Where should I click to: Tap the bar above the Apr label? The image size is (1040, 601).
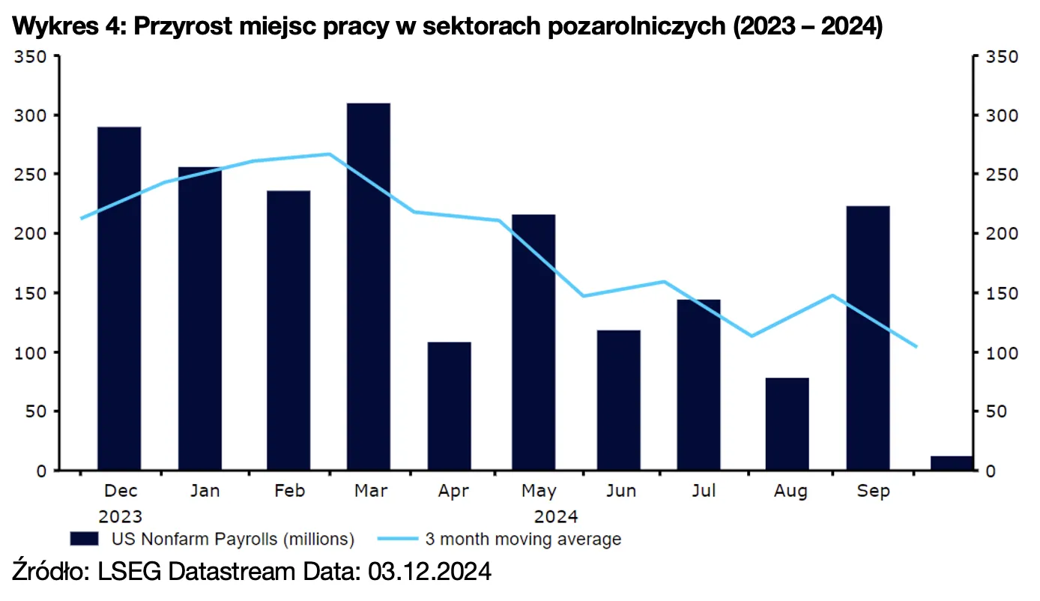[450, 406]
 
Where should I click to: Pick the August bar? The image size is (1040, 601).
[787, 424]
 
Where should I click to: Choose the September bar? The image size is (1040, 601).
[868, 338]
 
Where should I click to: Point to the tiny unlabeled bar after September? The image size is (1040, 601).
[951, 463]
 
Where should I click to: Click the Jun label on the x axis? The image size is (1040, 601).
[621, 492]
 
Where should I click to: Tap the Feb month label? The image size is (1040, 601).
[289, 492]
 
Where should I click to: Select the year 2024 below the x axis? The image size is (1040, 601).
[555, 516]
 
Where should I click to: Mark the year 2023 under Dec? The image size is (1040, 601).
[120, 516]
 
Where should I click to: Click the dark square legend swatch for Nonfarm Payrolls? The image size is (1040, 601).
[84, 539]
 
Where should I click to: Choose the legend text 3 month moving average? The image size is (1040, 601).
[523, 539]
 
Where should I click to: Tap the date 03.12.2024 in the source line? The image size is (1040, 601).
[429, 573]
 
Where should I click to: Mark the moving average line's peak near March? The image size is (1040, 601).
[330, 154]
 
